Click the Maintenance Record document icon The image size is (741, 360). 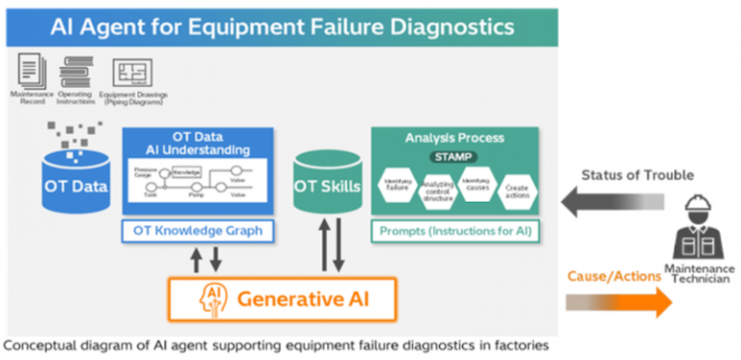coord(30,70)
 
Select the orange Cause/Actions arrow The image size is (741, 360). coord(617,302)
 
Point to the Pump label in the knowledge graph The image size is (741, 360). coord(196,193)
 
